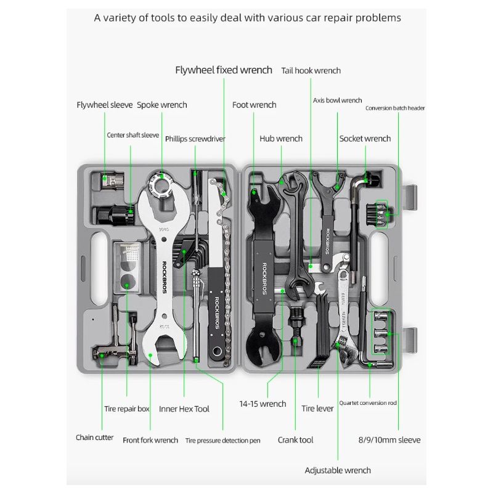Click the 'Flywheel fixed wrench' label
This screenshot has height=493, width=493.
(x=223, y=70)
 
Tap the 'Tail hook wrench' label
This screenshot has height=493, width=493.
(x=311, y=71)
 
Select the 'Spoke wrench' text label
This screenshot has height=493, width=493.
(x=161, y=105)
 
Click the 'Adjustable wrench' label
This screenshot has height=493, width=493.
(x=338, y=470)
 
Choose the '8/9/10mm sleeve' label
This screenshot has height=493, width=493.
(x=389, y=440)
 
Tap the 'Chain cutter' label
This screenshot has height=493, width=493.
(x=94, y=438)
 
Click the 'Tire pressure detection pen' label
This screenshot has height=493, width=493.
(x=222, y=441)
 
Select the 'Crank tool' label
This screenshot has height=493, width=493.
(x=295, y=440)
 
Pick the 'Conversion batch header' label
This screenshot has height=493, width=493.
(x=395, y=108)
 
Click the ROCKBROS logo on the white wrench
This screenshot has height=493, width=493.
(x=165, y=271)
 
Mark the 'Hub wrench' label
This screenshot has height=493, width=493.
(x=280, y=139)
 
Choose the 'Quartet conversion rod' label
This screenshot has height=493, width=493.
(x=367, y=403)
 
